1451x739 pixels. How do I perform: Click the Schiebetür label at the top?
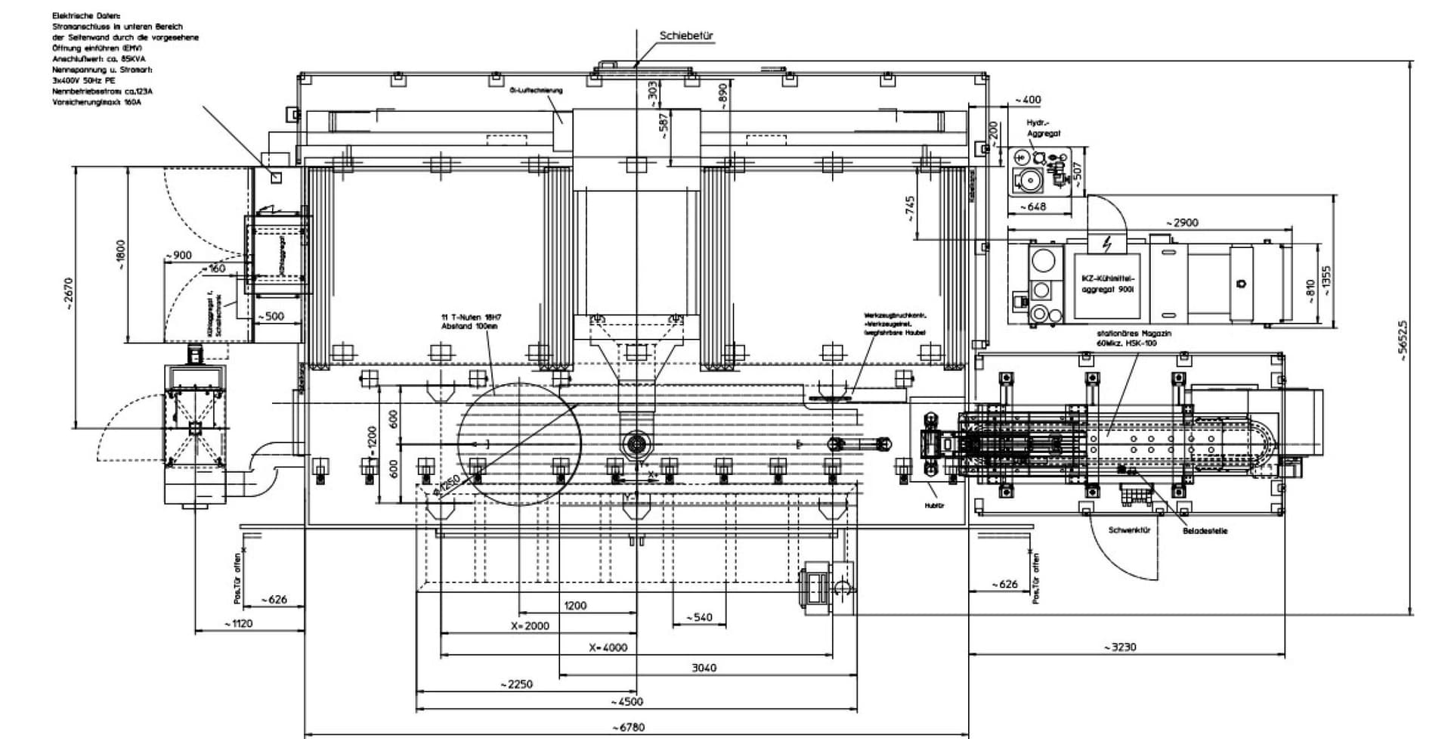point(685,36)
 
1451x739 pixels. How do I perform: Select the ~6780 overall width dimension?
point(628,727)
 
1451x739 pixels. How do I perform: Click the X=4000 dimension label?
point(608,647)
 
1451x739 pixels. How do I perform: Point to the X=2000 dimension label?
point(530,626)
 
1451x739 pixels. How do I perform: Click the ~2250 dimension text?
point(516,684)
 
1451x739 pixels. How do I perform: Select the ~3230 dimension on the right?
point(1118,647)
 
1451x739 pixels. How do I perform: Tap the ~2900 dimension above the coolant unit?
point(1181,222)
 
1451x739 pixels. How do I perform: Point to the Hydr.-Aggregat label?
point(1043,128)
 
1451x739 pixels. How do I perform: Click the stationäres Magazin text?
point(1134,337)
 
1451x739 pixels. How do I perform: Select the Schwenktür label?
point(1129,531)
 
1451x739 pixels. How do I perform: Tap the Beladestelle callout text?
point(1205,531)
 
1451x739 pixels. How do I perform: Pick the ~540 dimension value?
point(699,617)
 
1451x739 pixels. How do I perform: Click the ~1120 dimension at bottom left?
point(238,624)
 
